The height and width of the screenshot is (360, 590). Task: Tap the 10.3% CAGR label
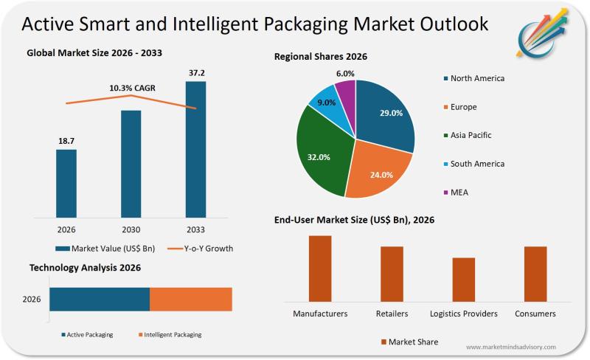132,88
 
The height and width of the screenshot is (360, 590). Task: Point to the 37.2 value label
195,72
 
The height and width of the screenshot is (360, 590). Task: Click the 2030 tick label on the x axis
131,230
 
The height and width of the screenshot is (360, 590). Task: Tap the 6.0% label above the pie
345,74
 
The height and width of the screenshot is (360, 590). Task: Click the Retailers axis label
392,314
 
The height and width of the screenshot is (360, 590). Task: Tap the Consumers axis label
535,314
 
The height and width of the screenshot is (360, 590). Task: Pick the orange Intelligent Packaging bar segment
190,299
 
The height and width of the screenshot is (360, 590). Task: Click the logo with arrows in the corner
546,34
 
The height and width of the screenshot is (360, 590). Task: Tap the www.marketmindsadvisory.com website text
511,347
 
